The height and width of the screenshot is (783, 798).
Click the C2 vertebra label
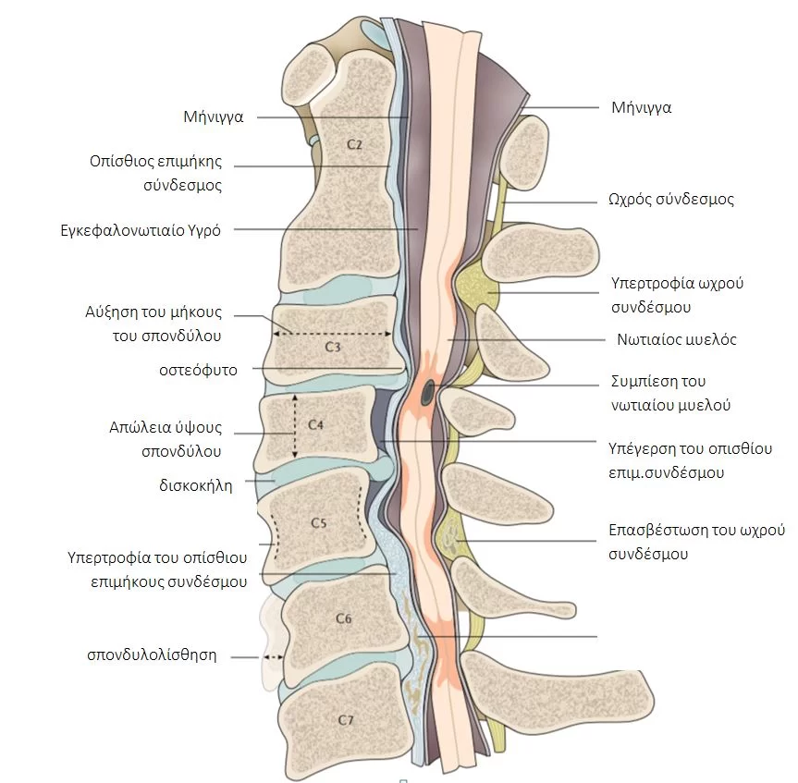pos(355,144)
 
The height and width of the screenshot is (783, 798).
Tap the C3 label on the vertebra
pos(334,347)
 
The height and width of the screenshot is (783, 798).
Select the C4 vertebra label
pos(315,425)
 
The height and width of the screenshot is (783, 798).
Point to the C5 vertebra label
pos(318,522)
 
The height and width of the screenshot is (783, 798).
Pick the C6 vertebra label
pos(343,618)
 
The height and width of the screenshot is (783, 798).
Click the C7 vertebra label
pos(346,719)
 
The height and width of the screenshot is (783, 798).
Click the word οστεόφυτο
pos(198,370)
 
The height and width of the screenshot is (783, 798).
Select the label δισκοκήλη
pos(197,483)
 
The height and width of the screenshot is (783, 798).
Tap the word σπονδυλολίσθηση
pos(152,655)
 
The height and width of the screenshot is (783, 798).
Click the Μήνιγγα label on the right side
pos(642,107)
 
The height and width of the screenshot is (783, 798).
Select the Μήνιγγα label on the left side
pos(213,117)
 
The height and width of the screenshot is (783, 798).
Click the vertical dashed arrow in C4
pos(295,425)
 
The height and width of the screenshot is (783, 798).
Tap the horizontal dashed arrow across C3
pos(334,334)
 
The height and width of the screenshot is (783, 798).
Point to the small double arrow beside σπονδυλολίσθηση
pos(271,657)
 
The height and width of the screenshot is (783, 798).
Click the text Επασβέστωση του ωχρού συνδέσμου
pos(695,542)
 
